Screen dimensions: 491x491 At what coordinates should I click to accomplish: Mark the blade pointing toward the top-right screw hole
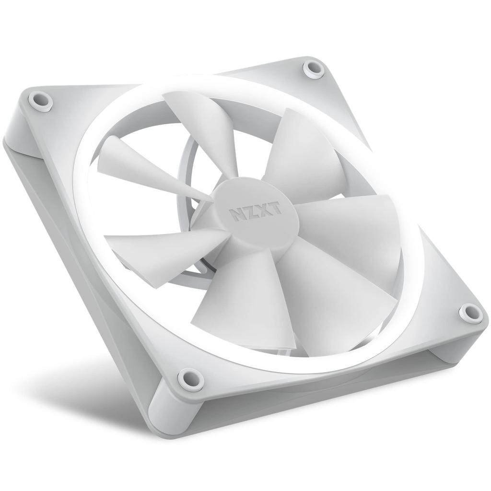point(302,153)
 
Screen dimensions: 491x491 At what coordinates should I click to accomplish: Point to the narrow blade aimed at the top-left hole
point(139,163)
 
